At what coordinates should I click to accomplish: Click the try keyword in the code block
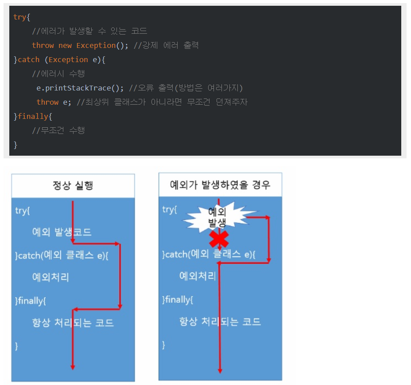[x=19, y=17]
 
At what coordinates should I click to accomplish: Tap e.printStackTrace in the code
[x=73, y=88]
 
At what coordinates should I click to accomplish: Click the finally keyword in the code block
[x=33, y=116]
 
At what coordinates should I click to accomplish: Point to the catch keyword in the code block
[x=29, y=59]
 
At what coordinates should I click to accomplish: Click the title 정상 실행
[x=73, y=185]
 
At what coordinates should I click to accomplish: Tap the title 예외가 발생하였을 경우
[x=220, y=185]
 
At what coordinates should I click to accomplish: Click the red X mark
[x=219, y=240]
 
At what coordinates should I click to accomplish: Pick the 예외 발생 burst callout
[x=218, y=216]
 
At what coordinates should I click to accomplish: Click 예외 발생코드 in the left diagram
[x=62, y=232]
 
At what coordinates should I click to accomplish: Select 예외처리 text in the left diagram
[x=51, y=278]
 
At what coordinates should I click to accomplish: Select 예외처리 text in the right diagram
[x=198, y=276]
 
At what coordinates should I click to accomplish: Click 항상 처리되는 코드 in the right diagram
[x=220, y=322]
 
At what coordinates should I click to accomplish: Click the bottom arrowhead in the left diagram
[x=73, y=366]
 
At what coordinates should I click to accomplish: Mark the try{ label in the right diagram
[x=170, y=209]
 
